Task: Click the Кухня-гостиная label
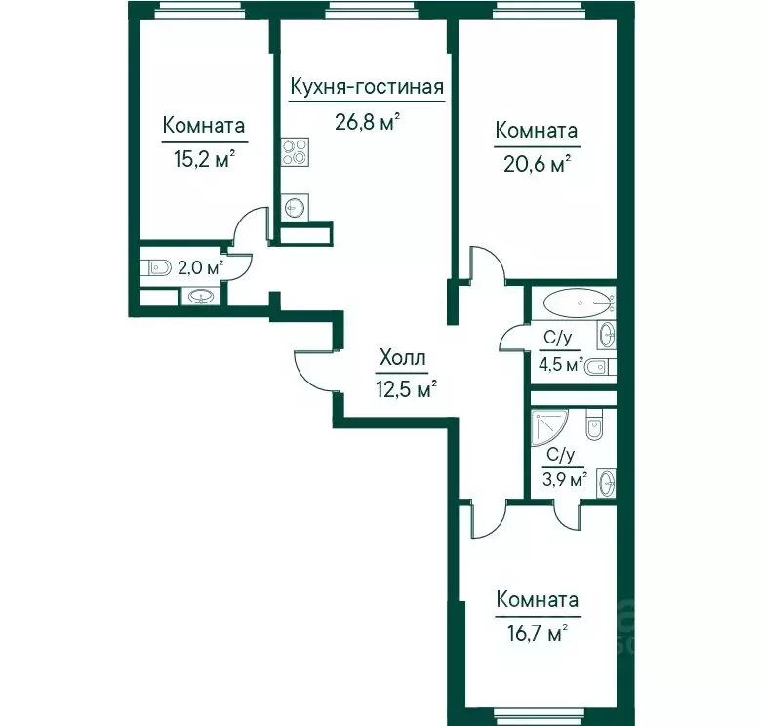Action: pos(367,87)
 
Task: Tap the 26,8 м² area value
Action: pos(368,122)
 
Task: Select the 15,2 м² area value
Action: pos(204,158)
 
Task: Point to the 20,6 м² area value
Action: pos(537,164)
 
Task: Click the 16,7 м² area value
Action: pos(538,634)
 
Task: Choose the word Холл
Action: pos(402,358)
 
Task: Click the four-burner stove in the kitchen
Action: pos(295,152)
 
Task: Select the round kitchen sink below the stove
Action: pos(294,208)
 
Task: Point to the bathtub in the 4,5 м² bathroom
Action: pos(577,303)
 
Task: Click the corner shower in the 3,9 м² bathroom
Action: pos(550,427)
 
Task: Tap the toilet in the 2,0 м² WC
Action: pos(156,267)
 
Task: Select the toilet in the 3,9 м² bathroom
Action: pos(595,424)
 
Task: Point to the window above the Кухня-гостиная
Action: pos(370,11)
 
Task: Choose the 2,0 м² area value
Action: pos(200,267)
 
